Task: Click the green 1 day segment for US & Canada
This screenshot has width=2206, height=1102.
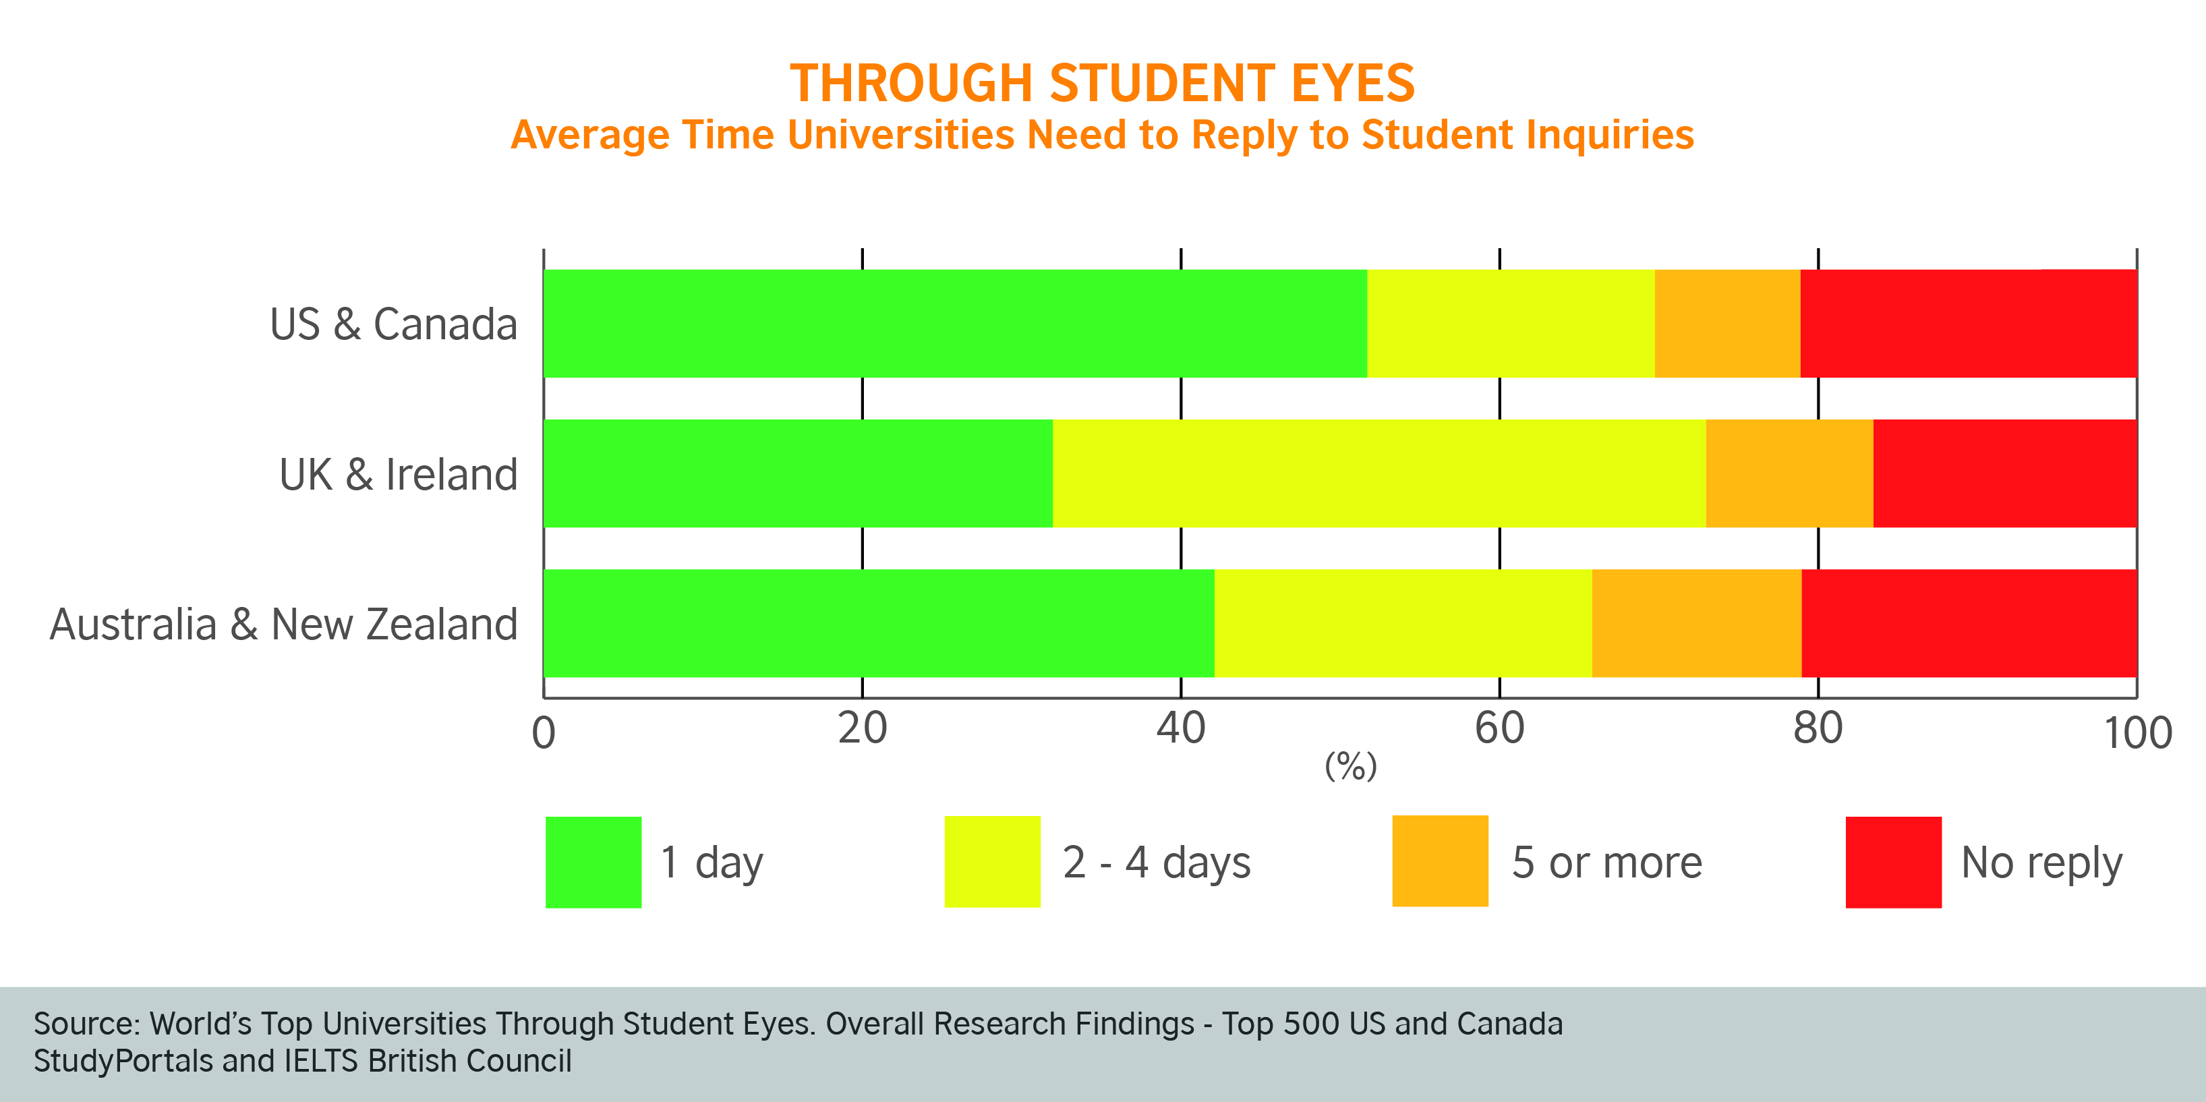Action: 955,324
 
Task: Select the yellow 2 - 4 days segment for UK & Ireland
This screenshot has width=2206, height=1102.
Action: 1378,473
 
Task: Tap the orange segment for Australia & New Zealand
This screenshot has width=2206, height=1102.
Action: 1696,623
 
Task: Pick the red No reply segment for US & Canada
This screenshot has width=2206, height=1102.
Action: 1968,324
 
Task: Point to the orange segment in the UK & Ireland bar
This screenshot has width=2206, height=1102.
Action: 1789,473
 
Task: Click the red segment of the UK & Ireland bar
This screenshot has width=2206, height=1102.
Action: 2004,473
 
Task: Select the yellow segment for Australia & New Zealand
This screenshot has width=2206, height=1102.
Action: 1403,623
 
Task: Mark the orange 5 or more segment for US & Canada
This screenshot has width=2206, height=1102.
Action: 1727,324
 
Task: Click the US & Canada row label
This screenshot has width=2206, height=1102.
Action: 393,324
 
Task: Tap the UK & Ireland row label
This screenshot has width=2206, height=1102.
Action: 398,474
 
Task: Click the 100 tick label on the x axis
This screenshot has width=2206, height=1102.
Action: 2137,734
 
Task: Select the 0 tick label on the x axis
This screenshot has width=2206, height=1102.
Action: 544,734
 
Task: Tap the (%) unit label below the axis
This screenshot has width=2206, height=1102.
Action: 1350,765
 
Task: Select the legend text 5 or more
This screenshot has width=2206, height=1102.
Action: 1606,863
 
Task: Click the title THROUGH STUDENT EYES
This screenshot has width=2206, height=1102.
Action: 1102,83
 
